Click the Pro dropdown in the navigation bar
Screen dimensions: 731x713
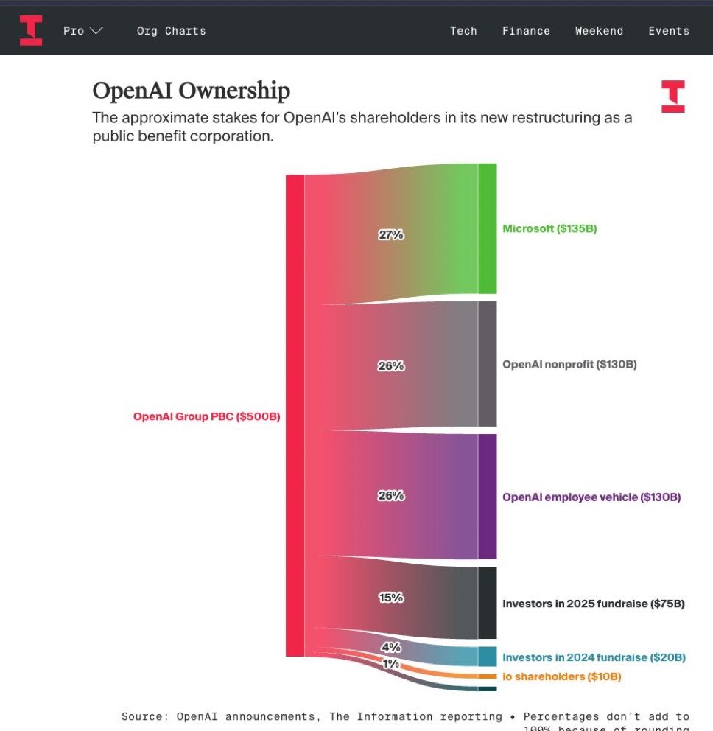click(x=82, y=31)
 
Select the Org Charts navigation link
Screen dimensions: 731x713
click(x=171, y=31)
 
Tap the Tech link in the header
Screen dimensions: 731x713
click(x=463, y=31)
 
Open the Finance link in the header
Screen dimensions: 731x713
click(x=526, y=31)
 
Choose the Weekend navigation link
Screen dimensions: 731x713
click(x=599, y=31)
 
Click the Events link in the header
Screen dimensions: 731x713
click(x=669, y=31)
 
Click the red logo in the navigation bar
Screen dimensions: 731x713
click(x=31, y=30)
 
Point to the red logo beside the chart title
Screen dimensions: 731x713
click(x=672, y=97)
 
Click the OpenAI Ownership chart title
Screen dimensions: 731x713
click(x=191, y=91)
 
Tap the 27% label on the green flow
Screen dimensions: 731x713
click(x=391, y=235)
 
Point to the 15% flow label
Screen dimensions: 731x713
click(x=391, y=598)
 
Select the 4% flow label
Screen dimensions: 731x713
click(x=390, y=648)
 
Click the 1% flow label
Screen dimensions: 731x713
click(x=390, y=664)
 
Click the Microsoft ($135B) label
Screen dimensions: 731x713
click(x=549, y=228)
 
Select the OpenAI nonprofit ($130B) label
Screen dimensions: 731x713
click(x=569, y=364)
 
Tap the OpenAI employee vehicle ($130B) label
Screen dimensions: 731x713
click(x=591, y=497)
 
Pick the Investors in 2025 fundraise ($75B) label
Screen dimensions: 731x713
click(x=594, y=604)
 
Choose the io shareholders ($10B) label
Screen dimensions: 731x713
click(x=562, y=676)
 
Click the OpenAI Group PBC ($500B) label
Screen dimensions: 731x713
click(x=206, y=416)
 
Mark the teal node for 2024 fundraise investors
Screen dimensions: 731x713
click(x=488, y=656)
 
